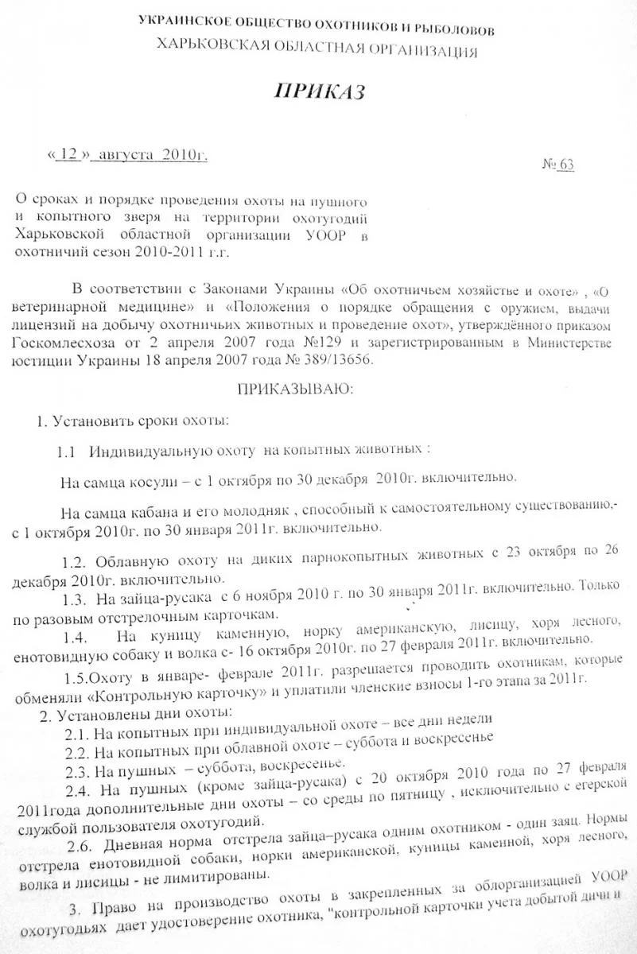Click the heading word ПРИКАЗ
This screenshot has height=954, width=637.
click(x=318, y=92)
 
